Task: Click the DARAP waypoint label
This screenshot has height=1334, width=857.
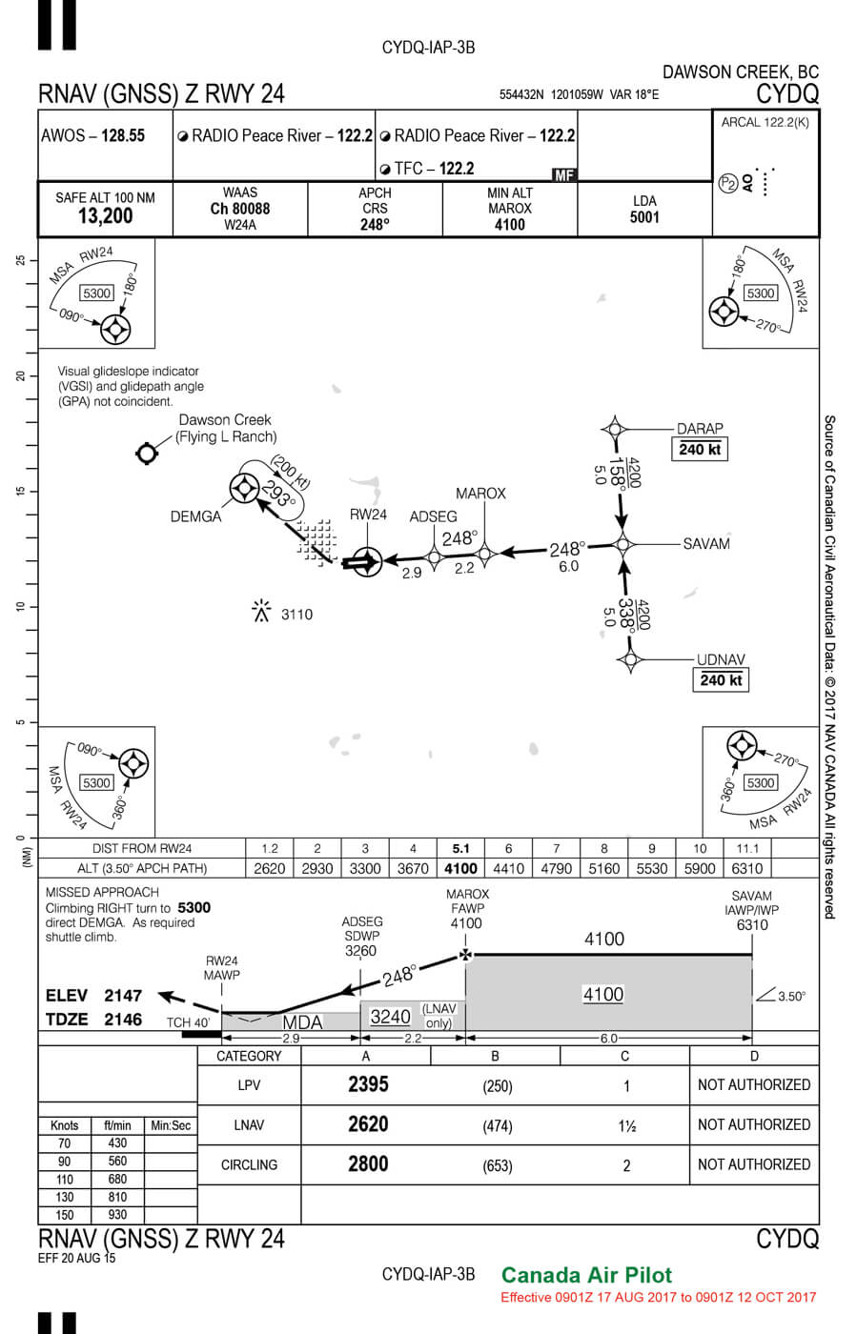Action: click(x=700, y=429)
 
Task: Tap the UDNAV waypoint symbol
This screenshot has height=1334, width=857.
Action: click(x=629, y=658)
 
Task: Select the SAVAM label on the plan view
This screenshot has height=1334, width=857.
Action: click(x=706, y=544)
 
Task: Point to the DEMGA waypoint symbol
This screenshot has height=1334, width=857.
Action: click(x=245, y=489)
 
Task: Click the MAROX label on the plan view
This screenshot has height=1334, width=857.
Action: click(x=480, y=494)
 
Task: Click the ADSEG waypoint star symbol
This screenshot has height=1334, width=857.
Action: click(x=434, y=556)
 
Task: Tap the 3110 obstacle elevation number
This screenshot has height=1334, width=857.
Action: click(x=296, y=615)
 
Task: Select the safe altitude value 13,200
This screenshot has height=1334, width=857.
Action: click(x=105, y=216)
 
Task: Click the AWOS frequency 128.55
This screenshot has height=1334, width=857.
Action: click(x=123, y=135)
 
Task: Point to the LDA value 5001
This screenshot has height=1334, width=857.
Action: click(x=644, y=217)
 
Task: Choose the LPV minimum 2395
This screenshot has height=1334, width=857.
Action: click(x=368, y=1084)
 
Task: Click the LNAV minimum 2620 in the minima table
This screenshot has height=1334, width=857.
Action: click(x=368, y=1124)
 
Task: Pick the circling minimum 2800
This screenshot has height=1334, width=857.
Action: click(x=368, y=1164)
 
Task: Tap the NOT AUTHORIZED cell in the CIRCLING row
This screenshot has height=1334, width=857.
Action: click(x=753, y=1164)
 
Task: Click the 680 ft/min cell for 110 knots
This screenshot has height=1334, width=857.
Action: click(x=117, y=1179)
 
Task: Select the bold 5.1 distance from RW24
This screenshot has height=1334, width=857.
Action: click(x=460, y=848)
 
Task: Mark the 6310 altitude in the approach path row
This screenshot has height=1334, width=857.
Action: click(x=746, y=868)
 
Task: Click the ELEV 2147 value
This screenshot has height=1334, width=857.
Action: click(x=123, y=996)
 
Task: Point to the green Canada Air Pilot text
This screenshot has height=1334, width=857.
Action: click(x=586, y=1275)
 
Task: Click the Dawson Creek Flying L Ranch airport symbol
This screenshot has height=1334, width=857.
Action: click(x=146, y=454)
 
